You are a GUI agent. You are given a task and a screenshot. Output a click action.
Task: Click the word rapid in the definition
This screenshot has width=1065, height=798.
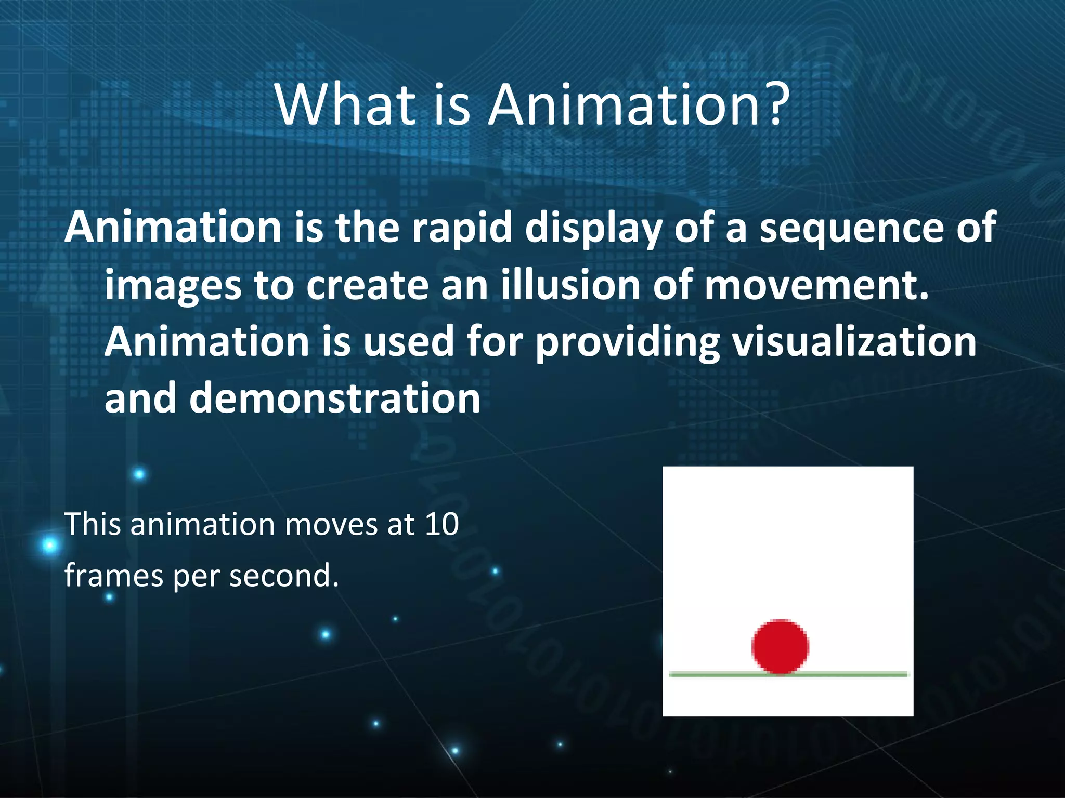pyautogui.click(x=462, y=229)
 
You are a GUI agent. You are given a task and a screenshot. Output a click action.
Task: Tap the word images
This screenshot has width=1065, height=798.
pyautogui.click(x=173, y=287)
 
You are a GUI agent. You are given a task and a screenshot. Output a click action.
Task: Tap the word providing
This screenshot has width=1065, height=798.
pyautogui.click(x=628, y=343)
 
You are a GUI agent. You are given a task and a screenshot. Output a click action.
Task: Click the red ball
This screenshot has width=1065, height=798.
pyautogui.click(x=780, y=646)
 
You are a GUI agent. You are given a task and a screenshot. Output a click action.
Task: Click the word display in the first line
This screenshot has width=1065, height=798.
pyautogui.click(x=593, y=229)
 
